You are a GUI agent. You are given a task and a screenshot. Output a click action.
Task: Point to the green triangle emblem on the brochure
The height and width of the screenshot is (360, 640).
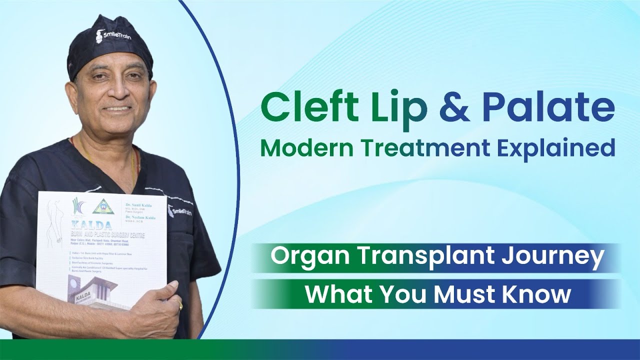coord(103,206)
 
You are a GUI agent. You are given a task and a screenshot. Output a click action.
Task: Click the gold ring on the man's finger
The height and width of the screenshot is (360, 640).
coord(180,304)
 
